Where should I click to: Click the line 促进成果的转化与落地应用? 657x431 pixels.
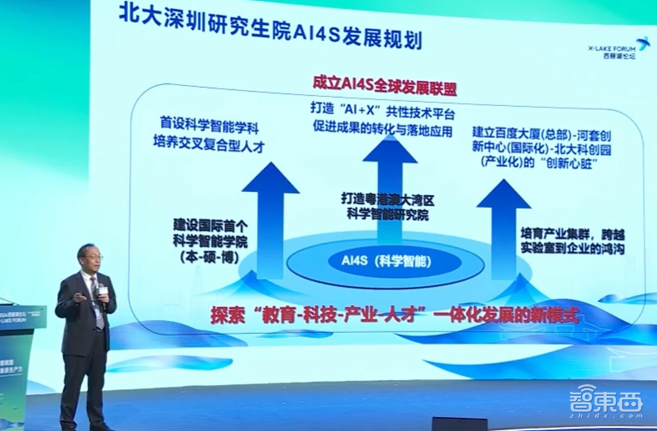pos(382,130)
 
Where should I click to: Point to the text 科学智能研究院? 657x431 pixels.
pos(385,214)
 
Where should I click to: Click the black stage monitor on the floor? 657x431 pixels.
pos(459,423)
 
